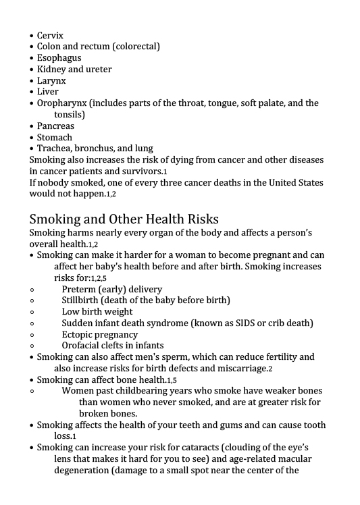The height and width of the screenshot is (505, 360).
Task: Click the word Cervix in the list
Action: point(51,35)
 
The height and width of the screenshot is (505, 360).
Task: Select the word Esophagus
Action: point(59,58)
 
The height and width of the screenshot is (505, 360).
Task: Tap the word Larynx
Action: point(51,80)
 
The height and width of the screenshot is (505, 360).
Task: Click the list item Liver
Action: point(48,92)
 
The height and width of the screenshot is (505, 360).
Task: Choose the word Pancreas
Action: point(56,126)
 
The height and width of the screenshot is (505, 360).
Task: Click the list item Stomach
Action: point(55,138)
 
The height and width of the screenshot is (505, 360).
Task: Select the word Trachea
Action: point(55,149)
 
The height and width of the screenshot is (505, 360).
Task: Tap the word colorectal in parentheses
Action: point(136,47)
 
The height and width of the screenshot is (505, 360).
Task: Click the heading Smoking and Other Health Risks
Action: point(124,219)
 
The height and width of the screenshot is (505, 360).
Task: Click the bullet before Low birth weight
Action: point(32,312)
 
